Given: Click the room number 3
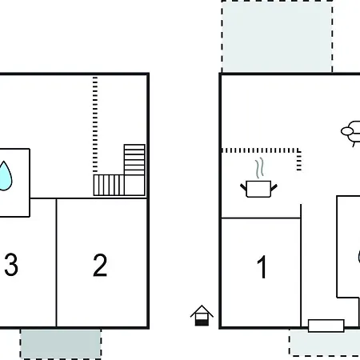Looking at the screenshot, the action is point(11,265).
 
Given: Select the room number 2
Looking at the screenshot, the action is point(100,265).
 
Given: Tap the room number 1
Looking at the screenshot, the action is point(262,266).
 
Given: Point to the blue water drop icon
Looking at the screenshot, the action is point(5,176).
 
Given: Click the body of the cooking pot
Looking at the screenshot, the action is point(258,189).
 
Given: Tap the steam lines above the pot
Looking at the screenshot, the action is point(260,168).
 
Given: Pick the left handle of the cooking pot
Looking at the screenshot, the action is point(243,186).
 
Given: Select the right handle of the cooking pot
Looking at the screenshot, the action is point(274,187).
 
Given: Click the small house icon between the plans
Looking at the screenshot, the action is point(202,315).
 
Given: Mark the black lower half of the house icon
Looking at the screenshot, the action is point(202,322).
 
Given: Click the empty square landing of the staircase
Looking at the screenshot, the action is point(134,185).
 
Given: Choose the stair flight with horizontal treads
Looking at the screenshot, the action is point(134,160).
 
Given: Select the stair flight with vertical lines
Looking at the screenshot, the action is point(109,185).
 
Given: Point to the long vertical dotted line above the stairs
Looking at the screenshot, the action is point(95,124).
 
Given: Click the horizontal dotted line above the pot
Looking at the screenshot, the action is point(260,150).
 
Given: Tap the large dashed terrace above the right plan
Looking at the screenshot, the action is point(277,37).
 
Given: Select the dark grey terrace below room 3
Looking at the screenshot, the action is point(61,344).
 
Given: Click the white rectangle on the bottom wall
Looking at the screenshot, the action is point(326,326).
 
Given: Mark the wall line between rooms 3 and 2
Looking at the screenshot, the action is point(56,262).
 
